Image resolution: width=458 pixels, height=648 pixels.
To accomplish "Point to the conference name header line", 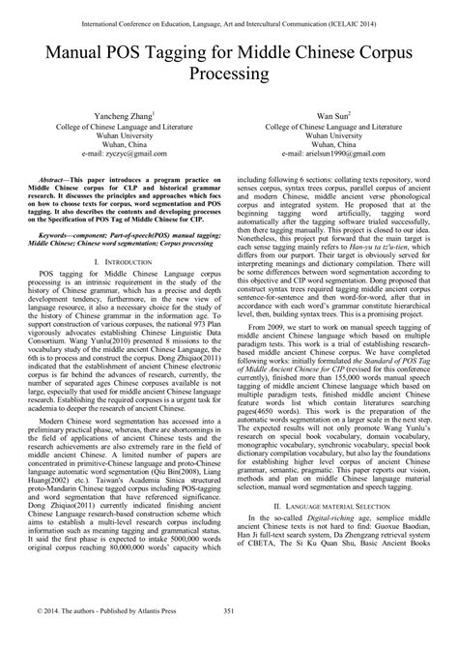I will click(229, 13).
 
